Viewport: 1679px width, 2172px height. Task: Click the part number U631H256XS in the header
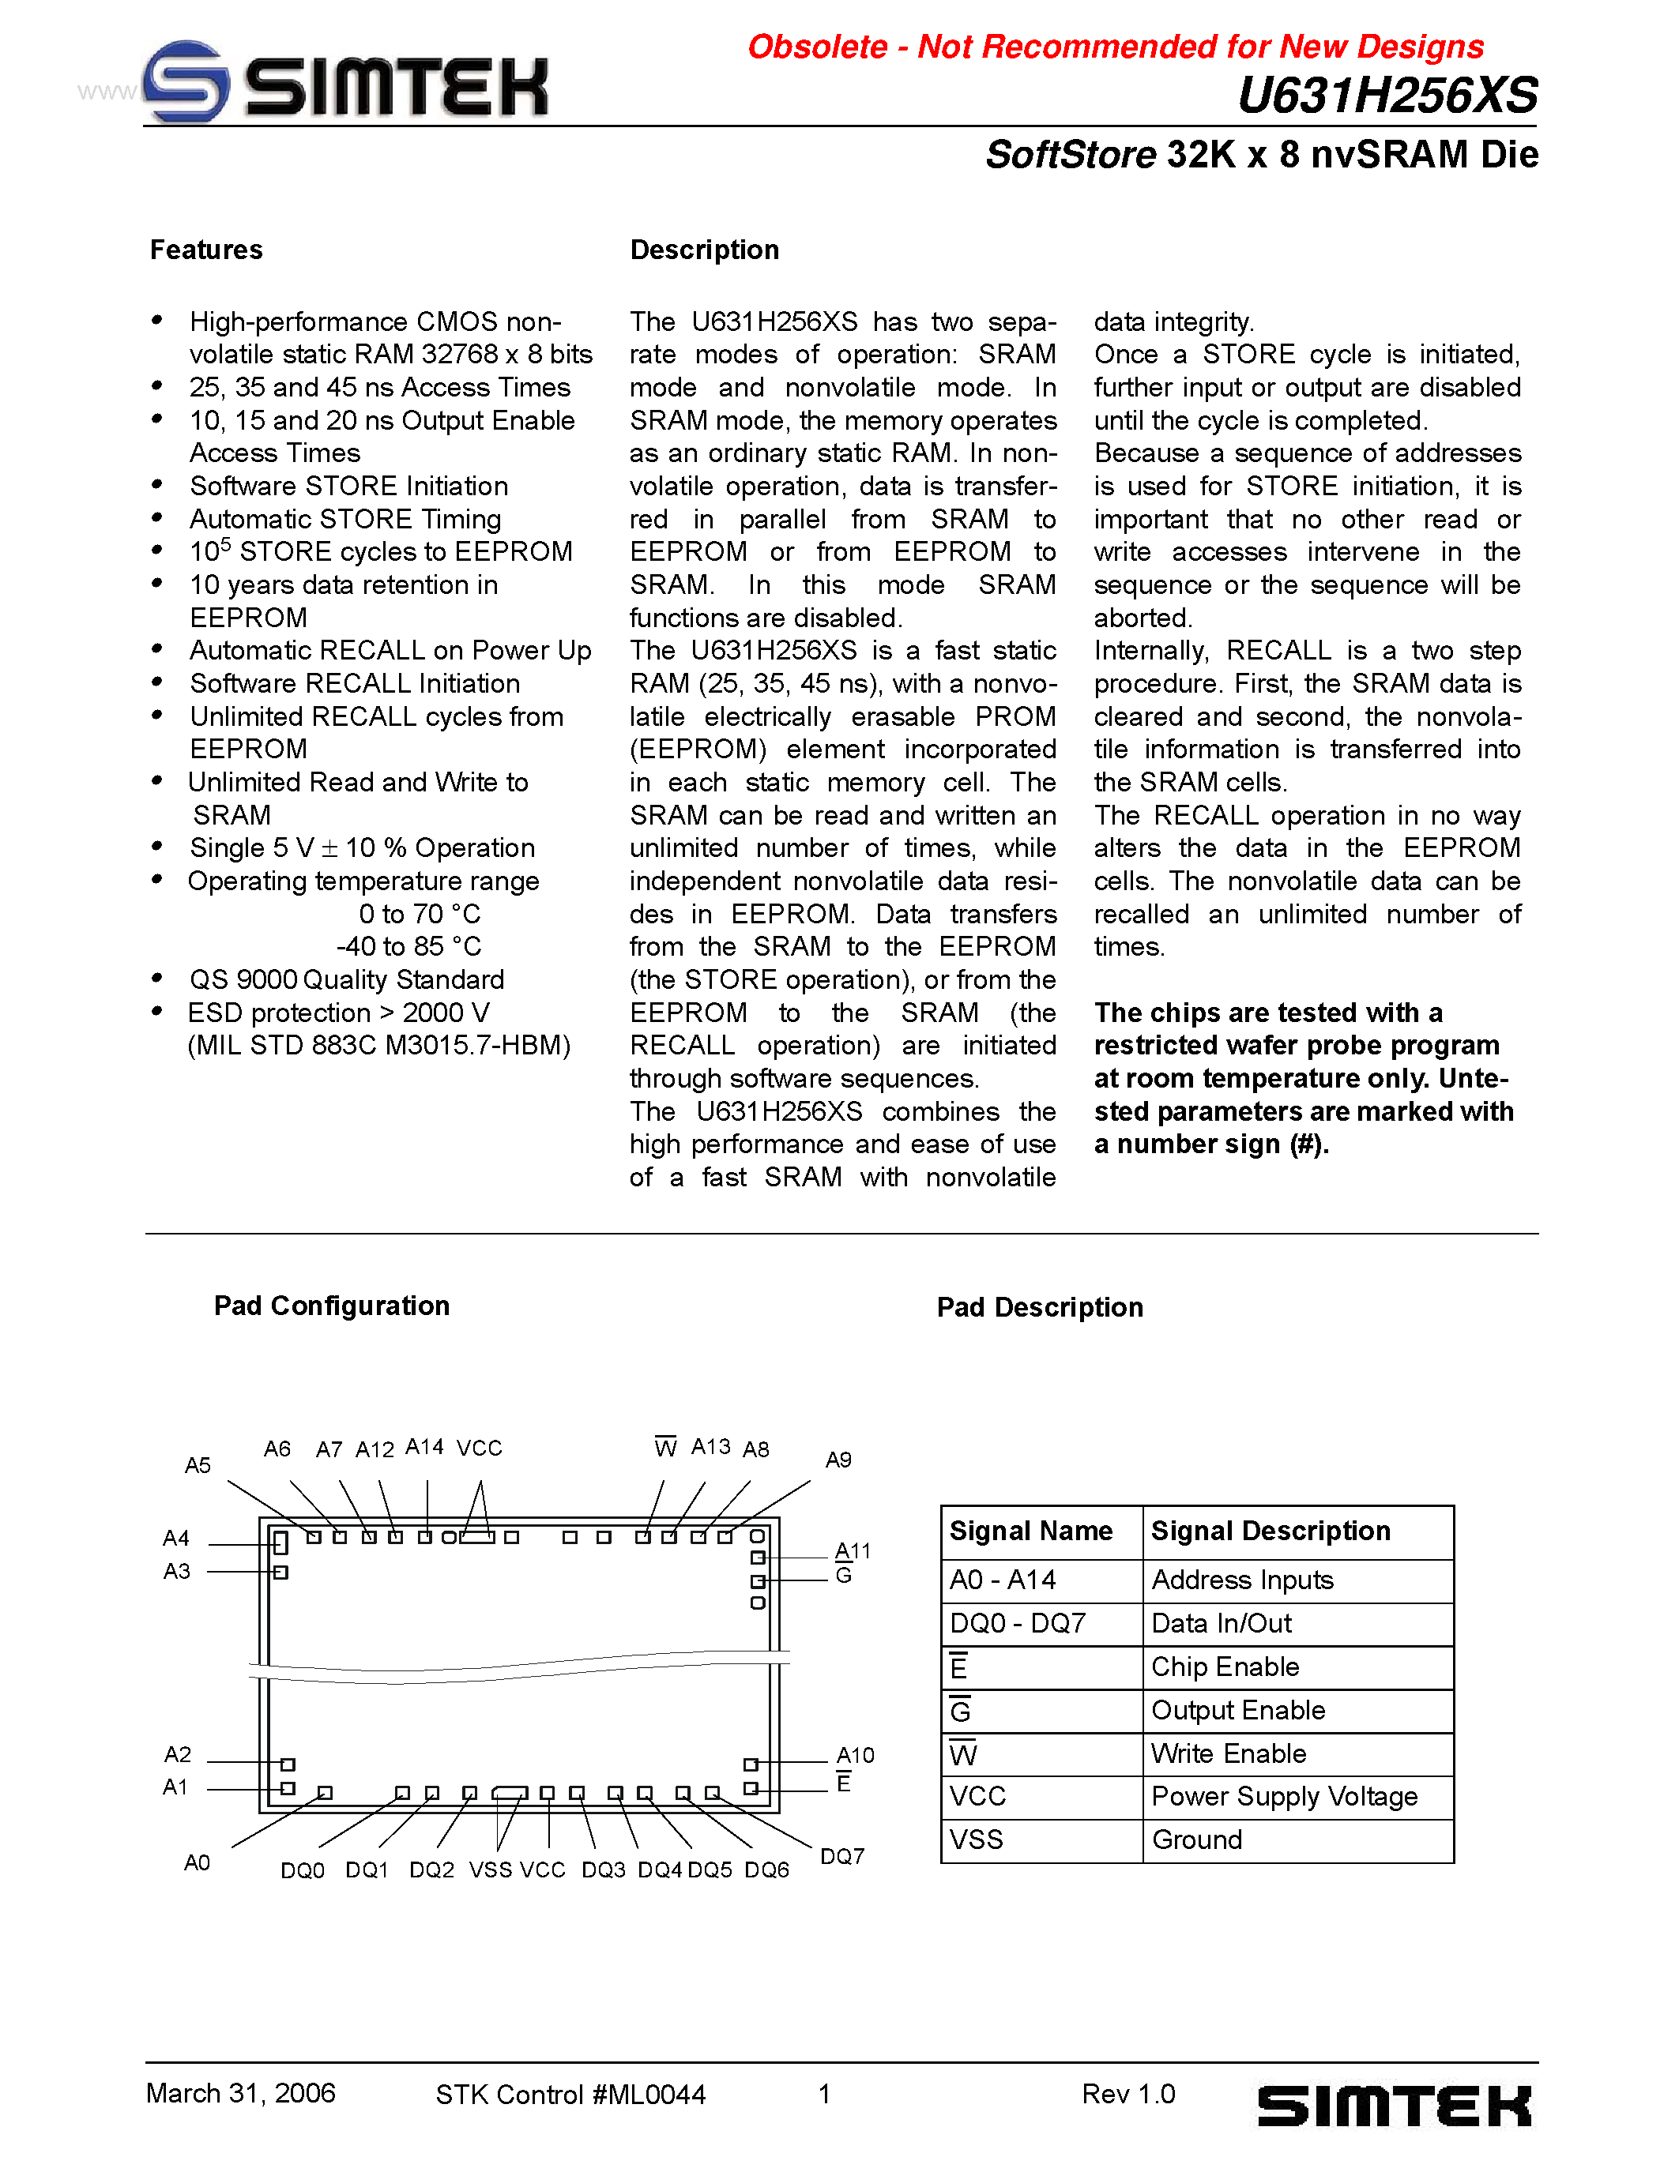1387,96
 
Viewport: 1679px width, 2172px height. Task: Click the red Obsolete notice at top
1114,47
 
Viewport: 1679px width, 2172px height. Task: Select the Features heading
206,250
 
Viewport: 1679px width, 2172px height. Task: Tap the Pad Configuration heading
331,1306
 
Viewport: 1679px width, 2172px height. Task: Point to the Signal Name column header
1030,1531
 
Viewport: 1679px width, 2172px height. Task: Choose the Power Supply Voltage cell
1284,1796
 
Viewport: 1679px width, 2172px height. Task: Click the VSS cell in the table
976,1839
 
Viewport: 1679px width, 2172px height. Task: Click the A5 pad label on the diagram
198,1465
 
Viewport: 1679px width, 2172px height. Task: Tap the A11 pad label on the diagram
853,1550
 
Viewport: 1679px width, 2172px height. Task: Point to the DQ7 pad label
841,1857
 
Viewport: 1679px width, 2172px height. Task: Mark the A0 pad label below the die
197,1862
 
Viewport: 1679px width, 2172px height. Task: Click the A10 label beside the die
854,1755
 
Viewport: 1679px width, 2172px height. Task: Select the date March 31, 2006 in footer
241,2094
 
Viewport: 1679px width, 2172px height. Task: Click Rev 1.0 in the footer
1128,2095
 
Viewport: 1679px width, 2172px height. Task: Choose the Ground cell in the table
1196,1839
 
